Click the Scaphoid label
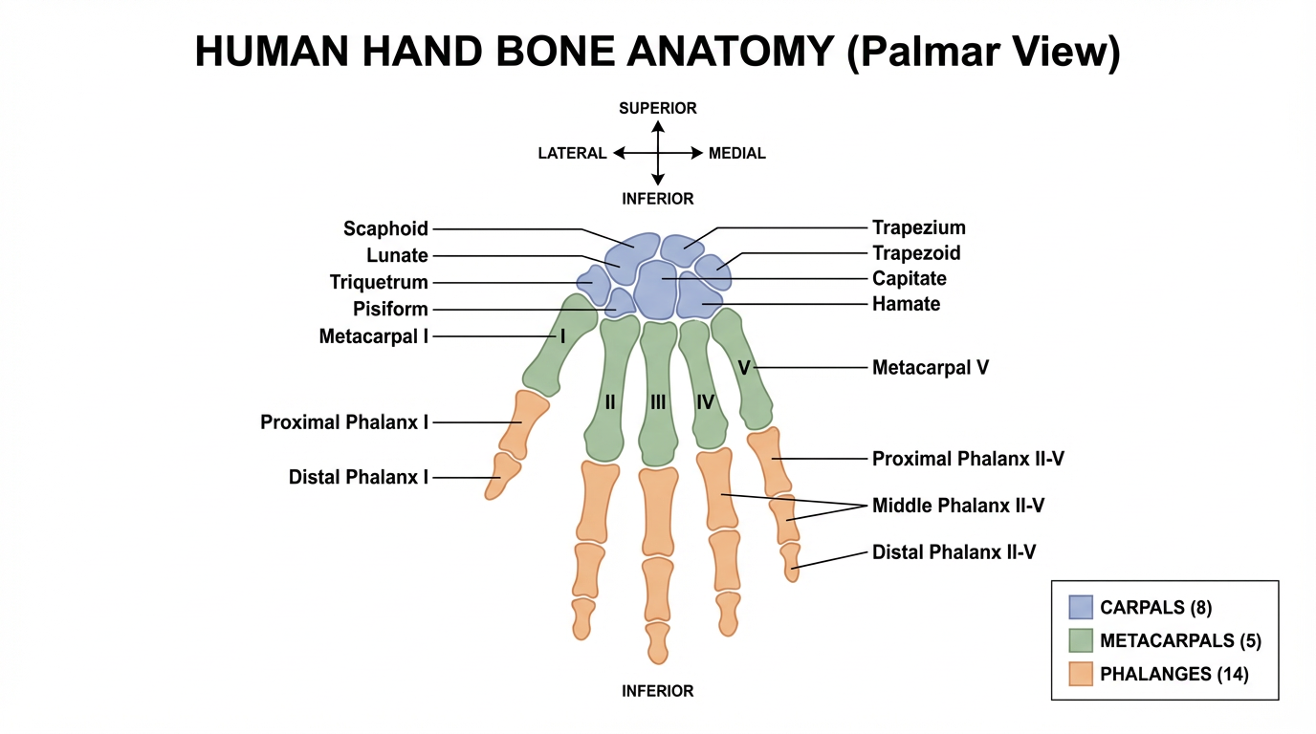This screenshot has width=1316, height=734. pos(385,228)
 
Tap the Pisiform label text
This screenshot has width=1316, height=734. pos(390,309)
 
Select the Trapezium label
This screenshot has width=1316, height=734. pos(918,227)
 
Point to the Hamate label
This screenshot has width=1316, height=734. pos(906,304)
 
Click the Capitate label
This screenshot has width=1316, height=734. pos(909,278)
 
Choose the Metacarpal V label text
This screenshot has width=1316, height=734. pos(930,367)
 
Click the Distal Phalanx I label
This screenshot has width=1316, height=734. pos(358,477)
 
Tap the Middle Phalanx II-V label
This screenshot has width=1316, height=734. pos(957,506)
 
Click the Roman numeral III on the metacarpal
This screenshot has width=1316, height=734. pos(658,402)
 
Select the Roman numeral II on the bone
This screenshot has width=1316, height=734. pos(610,402)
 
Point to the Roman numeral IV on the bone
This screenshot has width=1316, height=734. pos(706,402)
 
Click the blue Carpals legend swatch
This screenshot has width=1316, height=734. pos(1081,607)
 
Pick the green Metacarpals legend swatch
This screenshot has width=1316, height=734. pos(1081,640)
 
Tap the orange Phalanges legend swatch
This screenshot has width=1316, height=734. pos(1081,674)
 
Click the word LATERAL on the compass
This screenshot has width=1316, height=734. pos(572,153)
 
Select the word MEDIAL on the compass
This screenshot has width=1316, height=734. pos(736,153)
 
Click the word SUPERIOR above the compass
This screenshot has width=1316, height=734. pos(658,108)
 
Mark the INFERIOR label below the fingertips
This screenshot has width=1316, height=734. pos(658,690)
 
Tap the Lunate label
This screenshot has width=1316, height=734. pos(397,255)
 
